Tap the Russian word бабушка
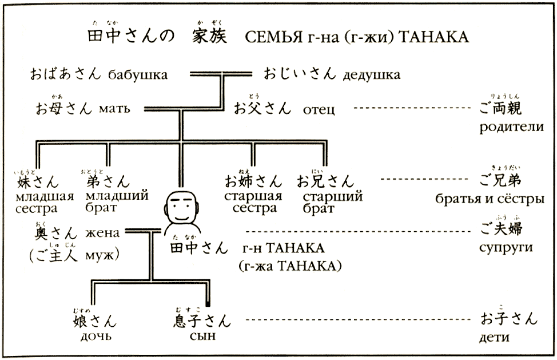coord(136,74)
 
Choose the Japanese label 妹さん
coord(38,182)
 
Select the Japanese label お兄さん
coord(325,182)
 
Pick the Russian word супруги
coord(506,248)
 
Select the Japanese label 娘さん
coord(96,319)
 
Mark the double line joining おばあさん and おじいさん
coord(221,73)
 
